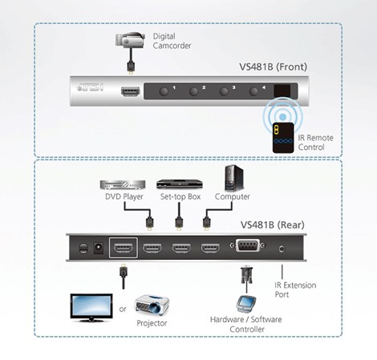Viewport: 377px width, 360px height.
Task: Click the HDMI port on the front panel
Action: (129, 91)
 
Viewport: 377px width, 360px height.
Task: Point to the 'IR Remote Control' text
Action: (315, 143)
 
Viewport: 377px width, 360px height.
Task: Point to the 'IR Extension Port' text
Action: (295, 289)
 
